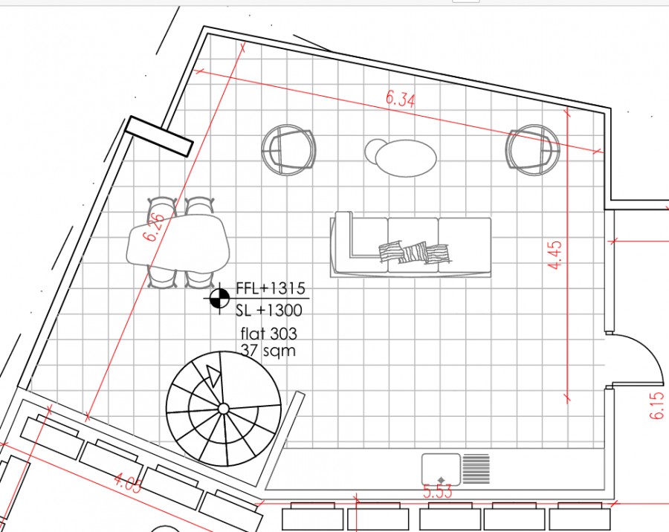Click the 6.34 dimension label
click(400, 99)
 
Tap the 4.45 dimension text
click(555, 255)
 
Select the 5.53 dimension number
click(438, 491)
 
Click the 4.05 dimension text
click(128, 485)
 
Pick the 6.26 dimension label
click(155, 227)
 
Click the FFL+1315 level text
click(271, 288)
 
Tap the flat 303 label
click(268, 334)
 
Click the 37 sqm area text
click(268, 350)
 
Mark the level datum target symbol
click(219, 298)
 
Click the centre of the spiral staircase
click(222, 408)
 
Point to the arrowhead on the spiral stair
click(213, 375)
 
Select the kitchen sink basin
click(442, 468)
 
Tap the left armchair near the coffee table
click(288, 149)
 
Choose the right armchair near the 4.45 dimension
click(532, 149)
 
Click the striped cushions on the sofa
click(416, 253)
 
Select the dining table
click(178, 244)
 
